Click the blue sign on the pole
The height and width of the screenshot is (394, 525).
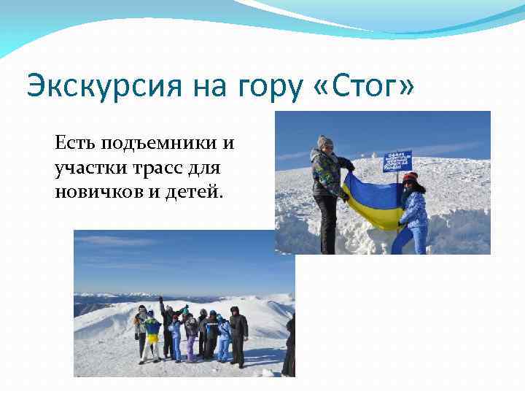click(398, 160)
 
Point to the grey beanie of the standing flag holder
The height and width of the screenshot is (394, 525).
click(324, 140)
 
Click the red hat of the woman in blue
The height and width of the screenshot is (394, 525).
click(410, 177)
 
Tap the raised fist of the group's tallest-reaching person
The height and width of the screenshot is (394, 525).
click(160, 298)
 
